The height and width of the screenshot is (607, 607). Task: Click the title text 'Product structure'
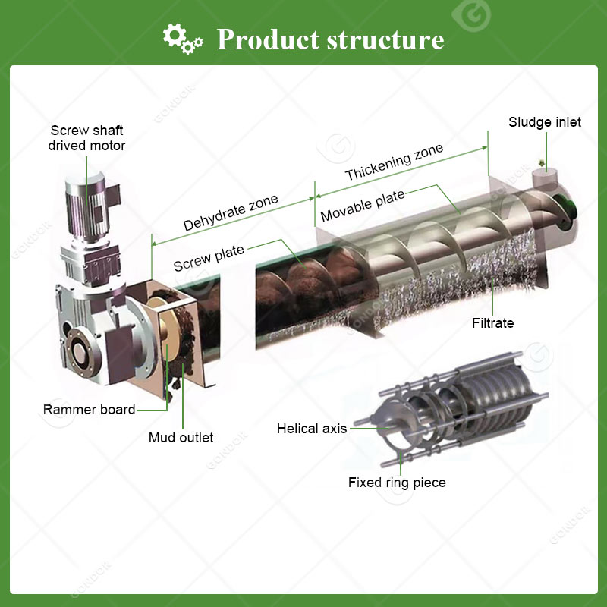click(x=330, y=39)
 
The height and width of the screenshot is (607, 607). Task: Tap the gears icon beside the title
click(x=182, y=37)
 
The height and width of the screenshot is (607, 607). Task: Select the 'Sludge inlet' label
click(x=545, y=122)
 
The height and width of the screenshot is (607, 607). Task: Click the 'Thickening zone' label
click(x=394, y=162)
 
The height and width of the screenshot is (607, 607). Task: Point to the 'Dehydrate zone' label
click(x=231, y=213)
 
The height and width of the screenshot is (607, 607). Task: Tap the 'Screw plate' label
click(x=209, y=257)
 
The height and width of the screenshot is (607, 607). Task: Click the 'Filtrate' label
click(x=492, y=323)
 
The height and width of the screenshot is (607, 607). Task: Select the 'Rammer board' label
click(x=89, y=410)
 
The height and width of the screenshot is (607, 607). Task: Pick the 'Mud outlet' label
click(x=181, y=438)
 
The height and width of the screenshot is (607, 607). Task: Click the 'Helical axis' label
click(x=311, y=429)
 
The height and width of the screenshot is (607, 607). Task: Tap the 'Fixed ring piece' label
click(x=397, y=483)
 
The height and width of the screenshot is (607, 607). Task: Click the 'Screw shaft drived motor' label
click(x=87, y=138)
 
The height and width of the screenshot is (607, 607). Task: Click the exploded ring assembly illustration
click(x=455, y=406)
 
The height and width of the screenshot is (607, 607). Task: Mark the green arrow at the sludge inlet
click(x=542, y=162)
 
